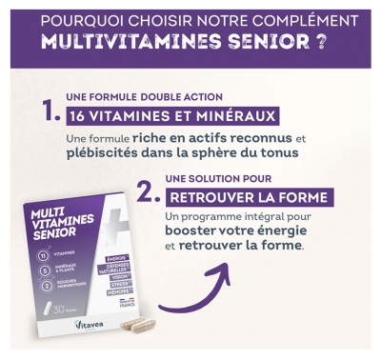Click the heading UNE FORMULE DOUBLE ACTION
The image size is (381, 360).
143,97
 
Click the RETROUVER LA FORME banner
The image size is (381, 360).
249,198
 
